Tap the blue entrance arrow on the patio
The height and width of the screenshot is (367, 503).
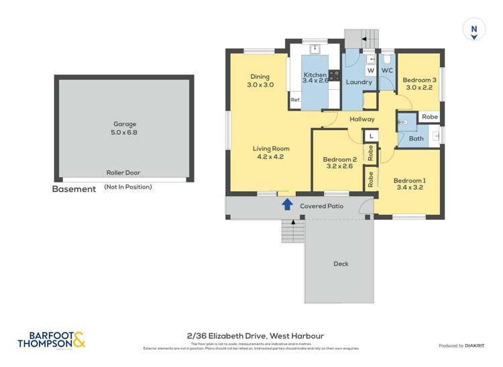coord(287,204)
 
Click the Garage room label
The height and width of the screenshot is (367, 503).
coord(125,124)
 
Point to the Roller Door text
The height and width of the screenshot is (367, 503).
coord(123,172)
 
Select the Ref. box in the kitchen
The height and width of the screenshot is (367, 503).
coord(296,100)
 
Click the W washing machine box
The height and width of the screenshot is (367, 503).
coord(370,70)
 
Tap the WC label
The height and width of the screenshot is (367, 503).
coord(387,70)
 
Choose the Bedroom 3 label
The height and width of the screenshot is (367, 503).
coord(420,80)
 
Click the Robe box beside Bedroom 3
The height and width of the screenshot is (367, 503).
coord(429,117)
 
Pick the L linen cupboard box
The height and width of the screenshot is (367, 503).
coord(370,136)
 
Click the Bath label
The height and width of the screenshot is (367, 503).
coord(416,139)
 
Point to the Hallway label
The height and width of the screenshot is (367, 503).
coord(361,119)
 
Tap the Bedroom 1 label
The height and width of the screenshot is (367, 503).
coord(409,180)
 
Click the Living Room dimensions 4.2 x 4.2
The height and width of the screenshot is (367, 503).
coord(271,156)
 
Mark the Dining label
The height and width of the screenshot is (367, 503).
coord(260,76)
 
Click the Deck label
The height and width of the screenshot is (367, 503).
coord(341,264)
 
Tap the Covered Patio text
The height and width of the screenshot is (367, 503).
coord(322,206)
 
